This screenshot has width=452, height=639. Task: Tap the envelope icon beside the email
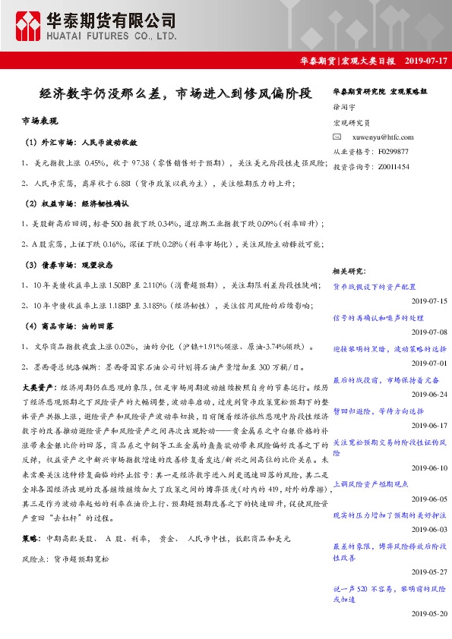tap(338, 137)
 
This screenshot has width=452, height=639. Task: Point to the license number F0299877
tap(393, 152)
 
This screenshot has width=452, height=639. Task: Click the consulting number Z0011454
tap(393, 166)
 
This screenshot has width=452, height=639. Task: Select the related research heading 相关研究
tap(349, 270)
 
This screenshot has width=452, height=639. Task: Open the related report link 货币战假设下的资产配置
tap(375, 287)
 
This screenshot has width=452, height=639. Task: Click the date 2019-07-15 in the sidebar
tap(428, 301)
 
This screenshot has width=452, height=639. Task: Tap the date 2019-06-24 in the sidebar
tap(428, 395)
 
